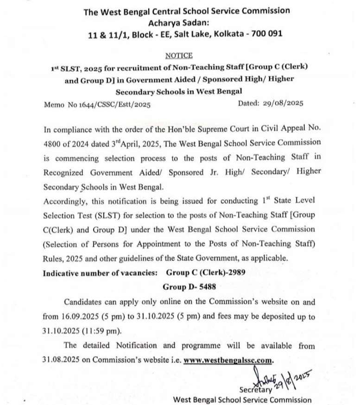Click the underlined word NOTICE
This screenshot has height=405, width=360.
[x=178, y=56]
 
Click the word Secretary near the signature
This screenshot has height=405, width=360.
[x=255, y=389]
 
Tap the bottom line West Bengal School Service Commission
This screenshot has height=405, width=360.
[x=242, y=399]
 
